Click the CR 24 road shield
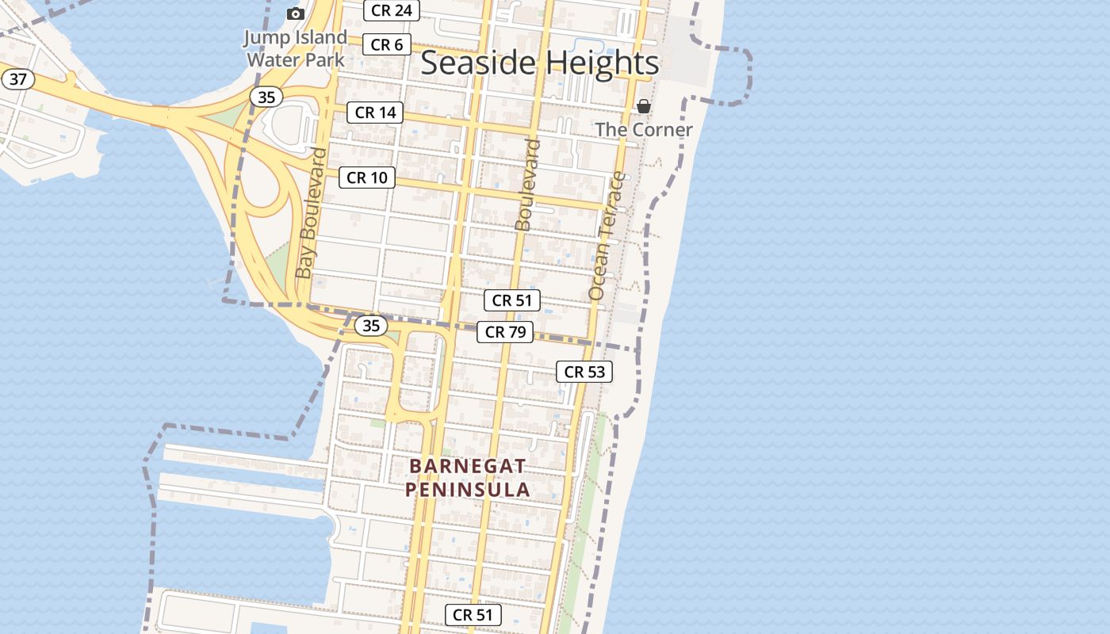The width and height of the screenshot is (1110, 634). (x=392, y=10)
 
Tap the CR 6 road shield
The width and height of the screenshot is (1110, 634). (x=387, y=45)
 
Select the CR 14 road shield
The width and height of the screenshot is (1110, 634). (x=375, y=113)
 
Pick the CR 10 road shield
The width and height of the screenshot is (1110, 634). (x=367, y=178)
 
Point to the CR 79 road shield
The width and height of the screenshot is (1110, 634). (x=505, y=332)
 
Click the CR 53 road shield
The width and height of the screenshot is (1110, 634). (x=584, y=371)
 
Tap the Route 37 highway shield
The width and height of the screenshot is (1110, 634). (x=17, y=79)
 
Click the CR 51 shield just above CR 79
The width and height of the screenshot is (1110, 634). (x=512, y=300)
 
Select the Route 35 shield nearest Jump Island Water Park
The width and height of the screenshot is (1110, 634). (x=266, y=97)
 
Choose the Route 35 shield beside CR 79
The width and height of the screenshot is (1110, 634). (x=370, y=325)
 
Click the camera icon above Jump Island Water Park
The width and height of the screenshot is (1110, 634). (x=296, y=13)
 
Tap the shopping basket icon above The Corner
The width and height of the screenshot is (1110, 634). (x=644, y=106)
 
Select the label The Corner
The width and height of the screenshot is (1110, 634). (x=644, y=130)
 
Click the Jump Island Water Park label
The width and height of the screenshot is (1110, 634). (x=295, y=48)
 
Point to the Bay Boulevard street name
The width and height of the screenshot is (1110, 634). (x=310, y=214)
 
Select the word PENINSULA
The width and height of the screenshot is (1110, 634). (x=468, y=489)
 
